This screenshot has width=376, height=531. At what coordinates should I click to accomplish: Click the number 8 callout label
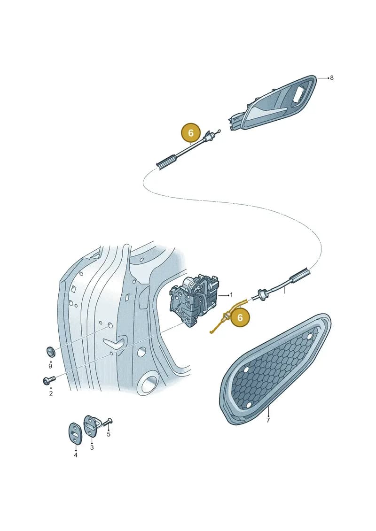(x=332, y=78)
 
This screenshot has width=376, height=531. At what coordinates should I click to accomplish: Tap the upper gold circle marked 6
(x=190, y=133)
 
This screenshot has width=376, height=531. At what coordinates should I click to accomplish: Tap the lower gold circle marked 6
(x=240, y=318)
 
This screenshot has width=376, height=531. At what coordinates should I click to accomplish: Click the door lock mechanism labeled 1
(x=195, y=300)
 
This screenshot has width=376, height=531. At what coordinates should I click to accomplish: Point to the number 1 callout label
(x=232, y=295)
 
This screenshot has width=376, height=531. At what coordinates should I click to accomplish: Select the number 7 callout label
(x=268, y=420)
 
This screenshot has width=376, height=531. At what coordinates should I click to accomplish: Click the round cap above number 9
(x=50, y=352)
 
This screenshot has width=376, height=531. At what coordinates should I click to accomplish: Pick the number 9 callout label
(x=50, y=366)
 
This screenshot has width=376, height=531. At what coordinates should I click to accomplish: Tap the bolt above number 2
(x=48, y=381)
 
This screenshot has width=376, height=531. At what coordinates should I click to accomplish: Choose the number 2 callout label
(x=51, y=393)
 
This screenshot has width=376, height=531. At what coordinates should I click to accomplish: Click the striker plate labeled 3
(x=92, y=425)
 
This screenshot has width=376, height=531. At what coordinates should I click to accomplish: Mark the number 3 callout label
(x=92, y=447)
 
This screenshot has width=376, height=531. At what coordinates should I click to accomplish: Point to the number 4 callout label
(x=75, y=455)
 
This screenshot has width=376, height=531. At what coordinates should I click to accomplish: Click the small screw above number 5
(x=108, y=422)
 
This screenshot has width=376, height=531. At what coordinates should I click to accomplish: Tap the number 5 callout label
(x=109, y=434)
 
